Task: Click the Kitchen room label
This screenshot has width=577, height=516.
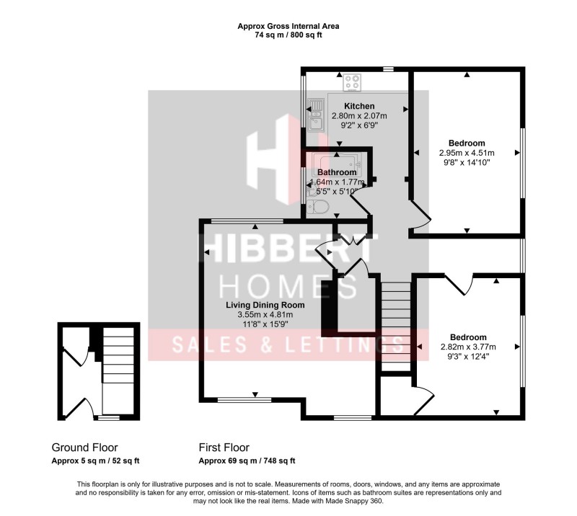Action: [x=358, y=106]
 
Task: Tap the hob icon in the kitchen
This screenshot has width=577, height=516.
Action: [x=353, y=83]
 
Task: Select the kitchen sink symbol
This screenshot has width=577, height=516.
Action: [x=315, y=116]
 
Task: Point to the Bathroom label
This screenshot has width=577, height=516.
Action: [x=337, y=173]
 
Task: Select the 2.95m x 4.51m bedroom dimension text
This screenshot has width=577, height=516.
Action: [x=467, y=153]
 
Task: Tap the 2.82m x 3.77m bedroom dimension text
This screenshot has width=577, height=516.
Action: [x=468, y=347]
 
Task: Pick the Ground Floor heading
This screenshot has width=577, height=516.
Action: [x=84, y=448]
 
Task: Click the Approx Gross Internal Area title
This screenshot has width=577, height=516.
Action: [x=288, y=26]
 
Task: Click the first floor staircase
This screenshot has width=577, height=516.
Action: [x=395, y=324]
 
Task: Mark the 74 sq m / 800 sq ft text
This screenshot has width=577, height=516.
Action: [x=288, y=35]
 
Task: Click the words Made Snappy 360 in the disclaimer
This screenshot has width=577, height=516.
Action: [x=357, y=501]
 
